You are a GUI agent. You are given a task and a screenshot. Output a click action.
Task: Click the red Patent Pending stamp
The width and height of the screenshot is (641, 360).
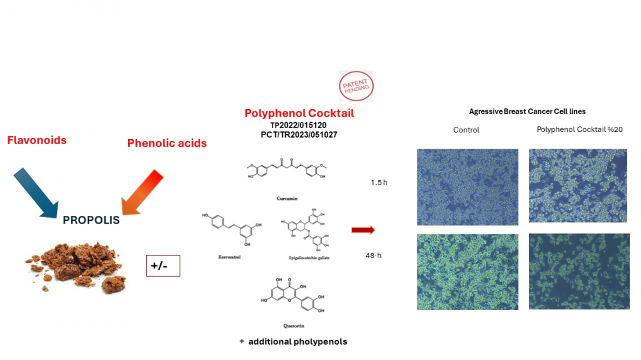coord(356,86)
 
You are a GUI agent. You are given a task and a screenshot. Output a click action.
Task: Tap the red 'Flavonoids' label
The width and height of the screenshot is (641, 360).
coord(37,140)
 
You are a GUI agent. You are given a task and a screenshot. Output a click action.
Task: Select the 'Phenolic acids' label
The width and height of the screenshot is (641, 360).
coord(167,143)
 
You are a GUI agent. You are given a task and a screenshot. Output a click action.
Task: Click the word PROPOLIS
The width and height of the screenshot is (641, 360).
coord(91,220)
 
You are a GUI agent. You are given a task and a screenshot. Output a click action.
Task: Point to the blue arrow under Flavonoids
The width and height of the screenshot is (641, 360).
coord(37,192)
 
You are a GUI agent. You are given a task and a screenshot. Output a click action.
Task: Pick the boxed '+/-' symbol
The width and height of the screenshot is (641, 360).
coord(163,265)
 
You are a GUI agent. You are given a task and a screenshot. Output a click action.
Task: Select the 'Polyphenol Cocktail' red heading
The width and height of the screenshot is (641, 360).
coord(299,113)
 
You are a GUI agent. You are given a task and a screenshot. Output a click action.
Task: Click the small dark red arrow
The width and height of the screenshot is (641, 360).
coord(363,230)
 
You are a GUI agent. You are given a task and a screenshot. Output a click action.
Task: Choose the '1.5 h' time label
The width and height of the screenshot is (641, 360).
coord(379,183)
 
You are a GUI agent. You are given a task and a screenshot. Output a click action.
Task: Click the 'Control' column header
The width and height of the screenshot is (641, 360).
coord(466,130)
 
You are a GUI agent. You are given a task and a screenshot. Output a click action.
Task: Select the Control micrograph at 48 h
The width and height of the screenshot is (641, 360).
coord(467,272)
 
